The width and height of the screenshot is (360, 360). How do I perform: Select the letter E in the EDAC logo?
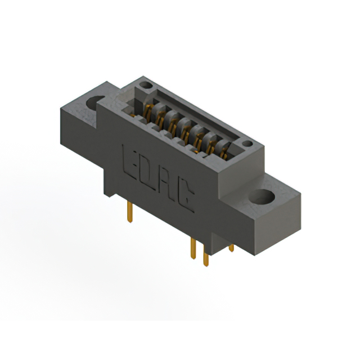(x=128, y=160)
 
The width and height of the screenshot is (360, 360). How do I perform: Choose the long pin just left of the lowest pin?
(x=193, y=247)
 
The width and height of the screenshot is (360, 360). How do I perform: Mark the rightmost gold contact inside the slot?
(x=225, y=151)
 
